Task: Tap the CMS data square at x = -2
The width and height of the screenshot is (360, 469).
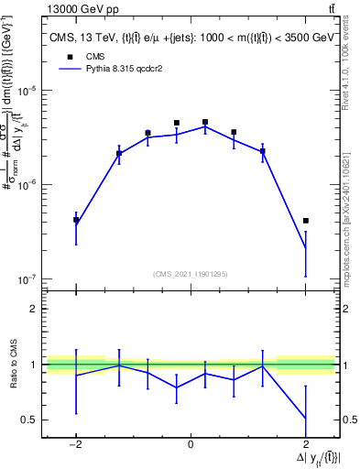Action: pos(76,220)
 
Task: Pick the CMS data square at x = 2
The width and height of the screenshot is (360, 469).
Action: pos(305,221)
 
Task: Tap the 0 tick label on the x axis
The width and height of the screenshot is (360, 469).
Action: pos(191,443)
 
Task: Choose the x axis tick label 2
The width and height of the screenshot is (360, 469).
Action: pos(305,443)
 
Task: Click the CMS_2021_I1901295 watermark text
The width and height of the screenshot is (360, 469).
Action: pos(191,273)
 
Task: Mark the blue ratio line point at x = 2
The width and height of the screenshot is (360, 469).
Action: pos(305,419)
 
